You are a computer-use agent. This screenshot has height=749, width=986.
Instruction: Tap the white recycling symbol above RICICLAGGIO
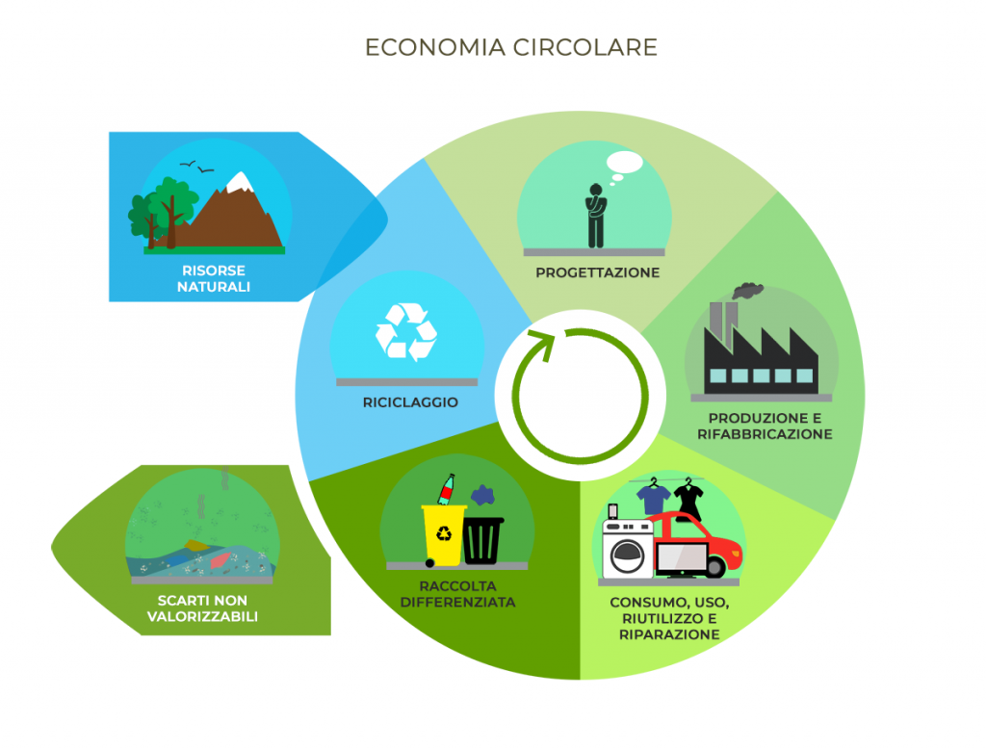click(x=405, y=332)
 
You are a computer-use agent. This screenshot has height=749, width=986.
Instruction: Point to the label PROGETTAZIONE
click(x=597, y=272)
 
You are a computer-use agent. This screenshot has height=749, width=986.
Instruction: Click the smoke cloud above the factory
click(x=747, y=289)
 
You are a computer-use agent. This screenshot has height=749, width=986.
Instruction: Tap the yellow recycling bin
click(x=442, y=535)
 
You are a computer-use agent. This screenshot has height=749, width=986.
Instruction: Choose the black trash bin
click(x=482, y=540)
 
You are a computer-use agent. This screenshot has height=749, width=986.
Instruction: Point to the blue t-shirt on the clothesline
click(x=655, y=498)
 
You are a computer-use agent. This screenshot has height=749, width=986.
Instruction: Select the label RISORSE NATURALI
click(x=213, y=278)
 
